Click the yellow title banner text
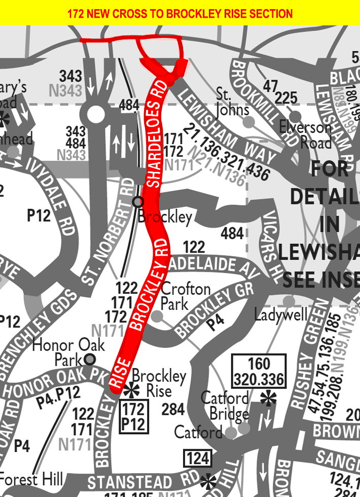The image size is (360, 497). pos(180,13)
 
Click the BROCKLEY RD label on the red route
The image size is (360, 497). pos(149,289)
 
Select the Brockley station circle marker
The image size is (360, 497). pos(137,202)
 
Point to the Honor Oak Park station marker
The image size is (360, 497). pos(90,360)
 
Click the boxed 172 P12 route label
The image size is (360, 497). pos(134,416)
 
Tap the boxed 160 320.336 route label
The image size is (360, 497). pos(259,371)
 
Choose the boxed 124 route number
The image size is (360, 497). pos(197,459)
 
